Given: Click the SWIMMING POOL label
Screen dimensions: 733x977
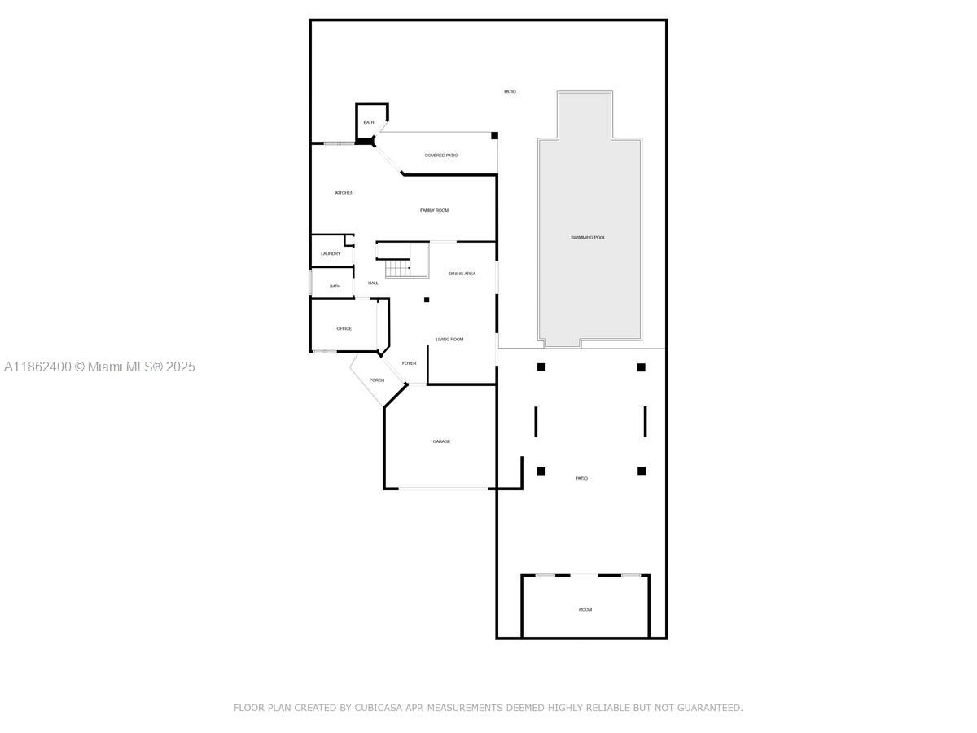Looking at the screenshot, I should point(588,238).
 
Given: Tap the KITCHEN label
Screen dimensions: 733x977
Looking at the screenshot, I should point(344,193).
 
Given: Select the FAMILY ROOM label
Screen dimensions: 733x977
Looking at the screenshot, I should point(434,211).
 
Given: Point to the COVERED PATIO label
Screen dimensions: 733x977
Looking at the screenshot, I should point(441,156).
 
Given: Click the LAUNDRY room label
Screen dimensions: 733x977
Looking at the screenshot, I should point(331,254).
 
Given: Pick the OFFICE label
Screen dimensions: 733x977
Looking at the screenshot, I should point(344,329).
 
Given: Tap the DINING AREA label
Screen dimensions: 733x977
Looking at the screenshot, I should point(462,274).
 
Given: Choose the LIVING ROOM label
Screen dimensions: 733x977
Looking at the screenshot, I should point(449,340).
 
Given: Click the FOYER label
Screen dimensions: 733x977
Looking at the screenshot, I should point(409,363).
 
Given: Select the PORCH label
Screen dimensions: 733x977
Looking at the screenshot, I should point(376,380).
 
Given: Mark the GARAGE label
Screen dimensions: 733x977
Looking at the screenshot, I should point(441,441).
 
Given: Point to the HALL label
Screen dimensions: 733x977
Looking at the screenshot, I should point(373,283).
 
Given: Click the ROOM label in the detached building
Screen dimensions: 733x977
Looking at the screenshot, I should point(585,610).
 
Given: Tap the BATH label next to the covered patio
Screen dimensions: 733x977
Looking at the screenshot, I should point(369,123).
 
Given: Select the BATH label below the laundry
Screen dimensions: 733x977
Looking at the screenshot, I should point(335,287).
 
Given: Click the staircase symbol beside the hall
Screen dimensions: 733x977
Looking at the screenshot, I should point(398,267).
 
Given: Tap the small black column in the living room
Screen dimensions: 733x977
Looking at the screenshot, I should point(426,300).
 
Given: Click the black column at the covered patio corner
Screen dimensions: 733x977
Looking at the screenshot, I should point(494,136).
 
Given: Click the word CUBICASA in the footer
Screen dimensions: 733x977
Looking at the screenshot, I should point(379,708).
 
